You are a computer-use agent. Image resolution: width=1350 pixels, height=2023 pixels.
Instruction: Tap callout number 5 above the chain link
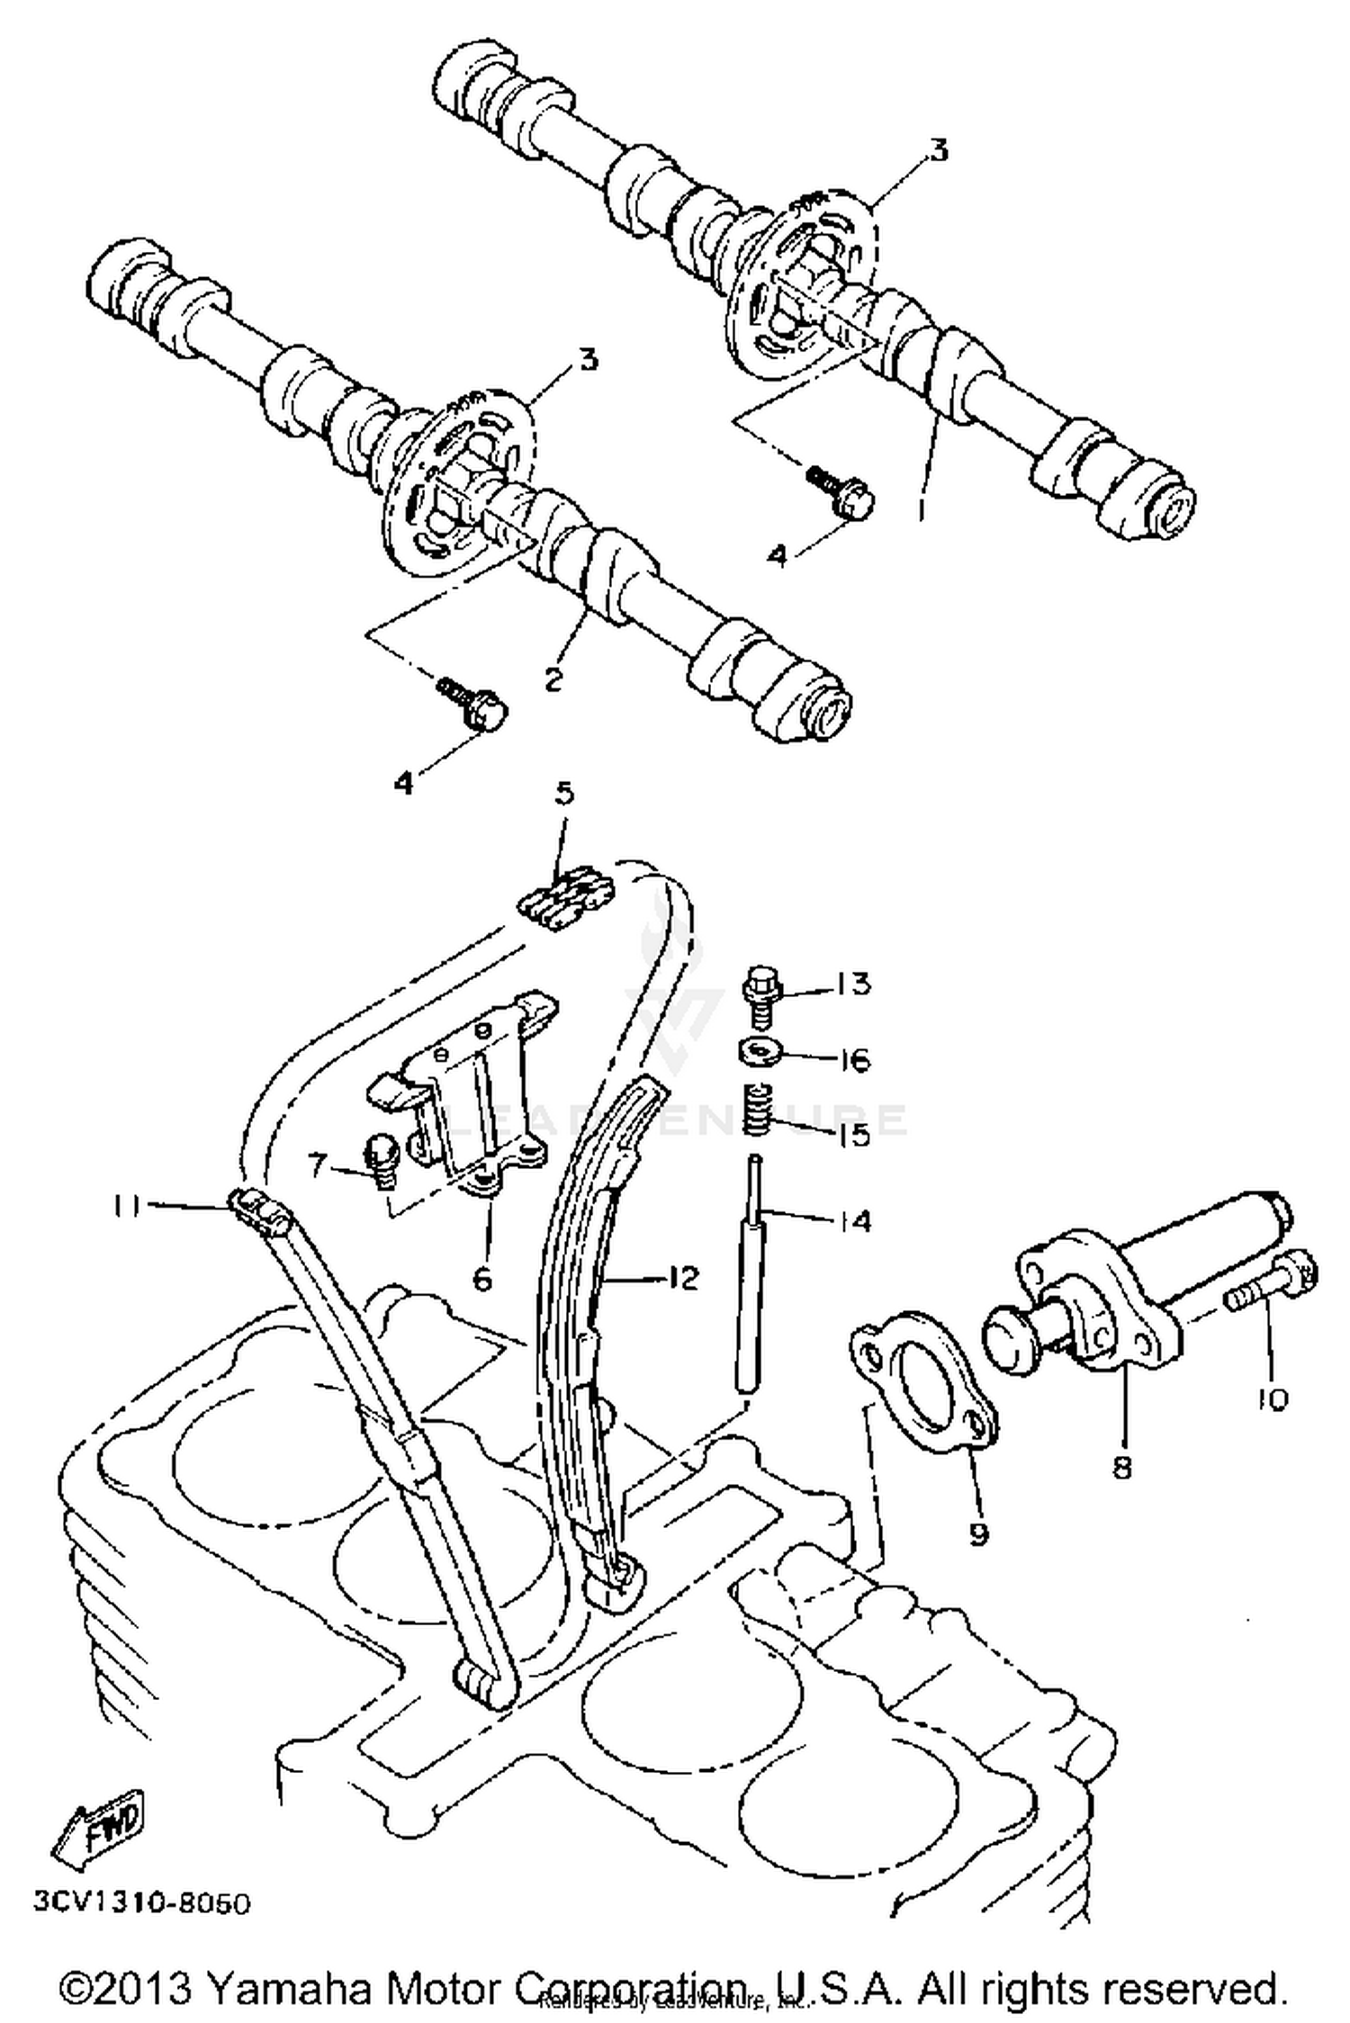pos(563,794)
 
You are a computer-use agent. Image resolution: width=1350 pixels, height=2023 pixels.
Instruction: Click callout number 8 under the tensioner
pos(1121,1468)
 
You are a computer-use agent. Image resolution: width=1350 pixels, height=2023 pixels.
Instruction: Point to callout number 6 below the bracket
pos(482,1279)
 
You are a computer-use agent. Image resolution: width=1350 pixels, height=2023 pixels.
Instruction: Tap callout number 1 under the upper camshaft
pos(920,510)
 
